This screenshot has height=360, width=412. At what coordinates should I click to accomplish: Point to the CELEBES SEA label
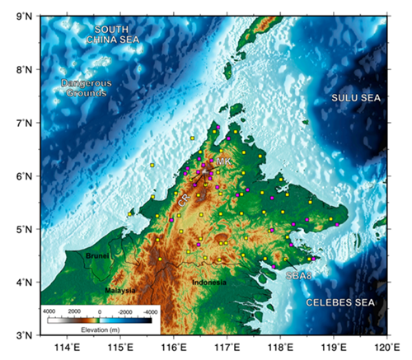341,303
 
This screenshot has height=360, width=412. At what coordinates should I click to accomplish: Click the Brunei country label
97,256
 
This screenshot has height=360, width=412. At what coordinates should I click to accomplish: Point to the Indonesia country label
208,283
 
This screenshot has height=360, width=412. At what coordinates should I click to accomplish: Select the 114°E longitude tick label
68,348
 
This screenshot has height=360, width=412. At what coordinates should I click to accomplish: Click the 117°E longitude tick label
227,348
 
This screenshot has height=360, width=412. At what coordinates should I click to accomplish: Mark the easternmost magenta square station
337,224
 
